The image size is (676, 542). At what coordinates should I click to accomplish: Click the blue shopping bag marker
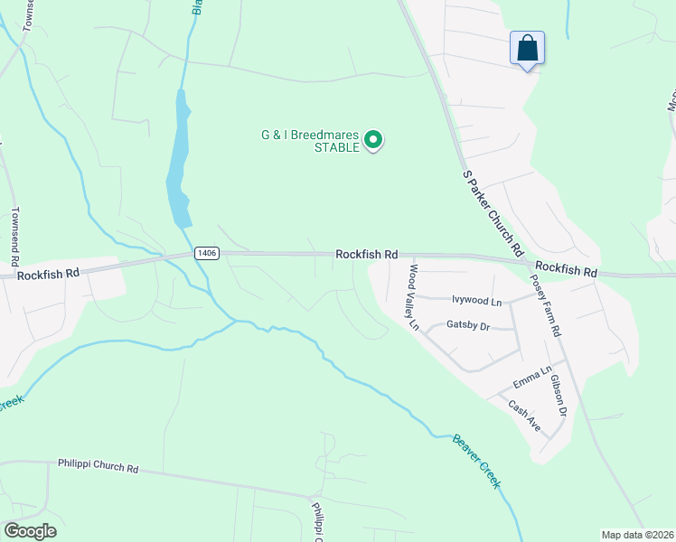pyautogui.click(x=528, y=48)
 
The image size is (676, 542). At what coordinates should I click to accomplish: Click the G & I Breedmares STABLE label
pyautogui.click(x=310, y=141)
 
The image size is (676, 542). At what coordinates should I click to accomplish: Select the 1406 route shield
pyautogui.click(x=206, y=254)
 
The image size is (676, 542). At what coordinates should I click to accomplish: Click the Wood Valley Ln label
pyautogui.click(x=414, y=296)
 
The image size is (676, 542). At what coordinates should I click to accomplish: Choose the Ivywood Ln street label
pyautogui.click(x=476, y=300)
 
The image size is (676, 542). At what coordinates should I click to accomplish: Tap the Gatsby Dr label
pyautogui.click(x=468, y=325)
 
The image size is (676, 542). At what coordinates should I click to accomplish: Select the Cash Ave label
pyautogui.click(x=523, y=416)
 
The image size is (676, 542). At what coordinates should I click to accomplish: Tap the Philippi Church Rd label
pyautogui.click(x=98, y=468)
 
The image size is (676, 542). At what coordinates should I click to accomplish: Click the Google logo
pyautogui.click(x=30, y=530)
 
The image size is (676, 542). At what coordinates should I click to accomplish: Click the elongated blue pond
pyautogui.click(x=178, y=163)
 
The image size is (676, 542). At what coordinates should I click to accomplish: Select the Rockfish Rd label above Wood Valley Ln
pyautogui.click(x=367, y=255)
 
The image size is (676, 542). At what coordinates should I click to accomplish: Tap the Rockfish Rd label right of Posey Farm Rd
pyautogui.click(x=566, y=270)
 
